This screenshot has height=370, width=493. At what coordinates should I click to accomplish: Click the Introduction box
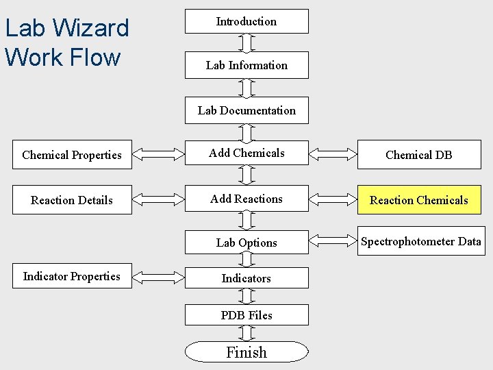click(246, 21)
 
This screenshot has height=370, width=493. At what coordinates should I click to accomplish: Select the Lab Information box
click(246, 65)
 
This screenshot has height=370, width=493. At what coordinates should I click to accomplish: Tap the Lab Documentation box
click(246, 110)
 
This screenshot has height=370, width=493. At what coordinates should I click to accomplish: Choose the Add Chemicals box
click(246, 153)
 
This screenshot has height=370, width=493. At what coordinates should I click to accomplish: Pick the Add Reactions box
click(246, 199)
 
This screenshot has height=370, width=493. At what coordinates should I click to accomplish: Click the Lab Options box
click(246, 243)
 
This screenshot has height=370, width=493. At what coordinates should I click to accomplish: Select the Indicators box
click(246, 278)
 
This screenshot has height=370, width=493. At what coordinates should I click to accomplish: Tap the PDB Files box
click(246, 315)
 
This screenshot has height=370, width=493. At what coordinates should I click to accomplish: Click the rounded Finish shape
click(246, 352)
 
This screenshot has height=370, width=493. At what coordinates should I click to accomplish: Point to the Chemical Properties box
click(72, 155)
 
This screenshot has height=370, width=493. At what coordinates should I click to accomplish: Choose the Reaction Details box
click(72, 200)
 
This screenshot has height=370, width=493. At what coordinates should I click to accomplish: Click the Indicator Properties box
click(72, 277)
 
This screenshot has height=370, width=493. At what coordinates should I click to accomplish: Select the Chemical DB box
click(418, 155)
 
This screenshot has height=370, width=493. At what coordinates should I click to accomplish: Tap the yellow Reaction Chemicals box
click(418, 200)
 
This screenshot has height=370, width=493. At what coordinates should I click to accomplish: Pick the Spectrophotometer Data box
click(420, 241)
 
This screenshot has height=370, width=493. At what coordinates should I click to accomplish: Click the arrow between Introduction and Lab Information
click(247, 42)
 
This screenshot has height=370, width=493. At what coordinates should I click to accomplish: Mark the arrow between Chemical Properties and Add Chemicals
click(158, 154)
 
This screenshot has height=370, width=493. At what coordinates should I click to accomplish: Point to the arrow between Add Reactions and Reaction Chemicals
click(333, 199)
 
